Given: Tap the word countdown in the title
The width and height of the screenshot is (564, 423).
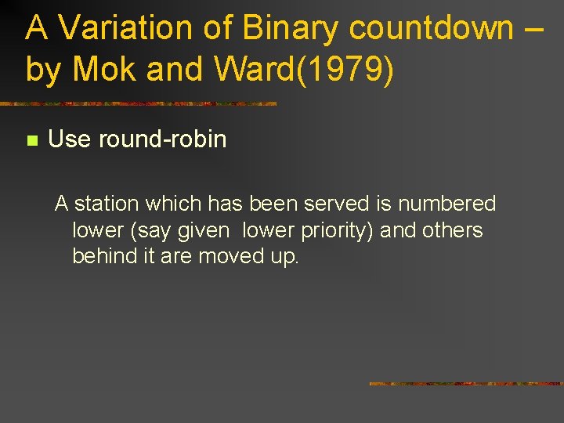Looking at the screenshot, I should click(431, 28).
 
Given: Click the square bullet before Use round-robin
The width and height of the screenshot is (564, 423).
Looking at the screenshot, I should click(31, 141).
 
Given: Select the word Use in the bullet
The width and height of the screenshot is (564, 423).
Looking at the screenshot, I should click(69, 139).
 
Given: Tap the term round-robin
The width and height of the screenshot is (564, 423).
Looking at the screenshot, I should click(162, 139).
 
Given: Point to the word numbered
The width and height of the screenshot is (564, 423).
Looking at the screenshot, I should click(446, 204).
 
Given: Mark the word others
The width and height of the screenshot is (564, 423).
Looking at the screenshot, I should click(453, 230).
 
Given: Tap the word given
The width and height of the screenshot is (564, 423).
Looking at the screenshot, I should click(204, 230).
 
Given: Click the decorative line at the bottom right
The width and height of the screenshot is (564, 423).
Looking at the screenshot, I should click(466, 384).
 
